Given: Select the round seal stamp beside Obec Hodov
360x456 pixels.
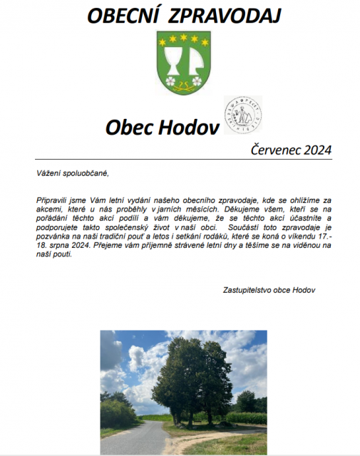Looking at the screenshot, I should (x=243, y=115).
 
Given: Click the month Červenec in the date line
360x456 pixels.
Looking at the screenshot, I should (x=277, y=150).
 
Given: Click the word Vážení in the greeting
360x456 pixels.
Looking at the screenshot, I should (x=48, y=173).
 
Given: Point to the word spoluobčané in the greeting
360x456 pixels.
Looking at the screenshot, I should (x=87, y=173).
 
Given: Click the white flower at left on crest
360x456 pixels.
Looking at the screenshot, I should (x=170, y=81).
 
